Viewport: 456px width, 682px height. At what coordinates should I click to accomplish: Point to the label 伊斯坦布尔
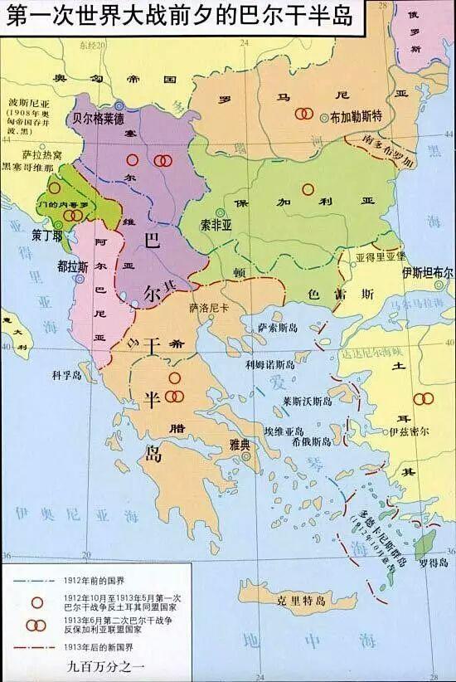click(428, 272)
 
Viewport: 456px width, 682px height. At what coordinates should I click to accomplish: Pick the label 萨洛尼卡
click(209, 307)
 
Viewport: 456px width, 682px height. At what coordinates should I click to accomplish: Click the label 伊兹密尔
click(410, 432)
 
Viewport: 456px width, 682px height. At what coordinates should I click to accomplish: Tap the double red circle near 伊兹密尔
click(423, 399)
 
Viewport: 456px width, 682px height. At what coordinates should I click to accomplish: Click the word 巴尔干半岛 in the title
click(293, 15)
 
